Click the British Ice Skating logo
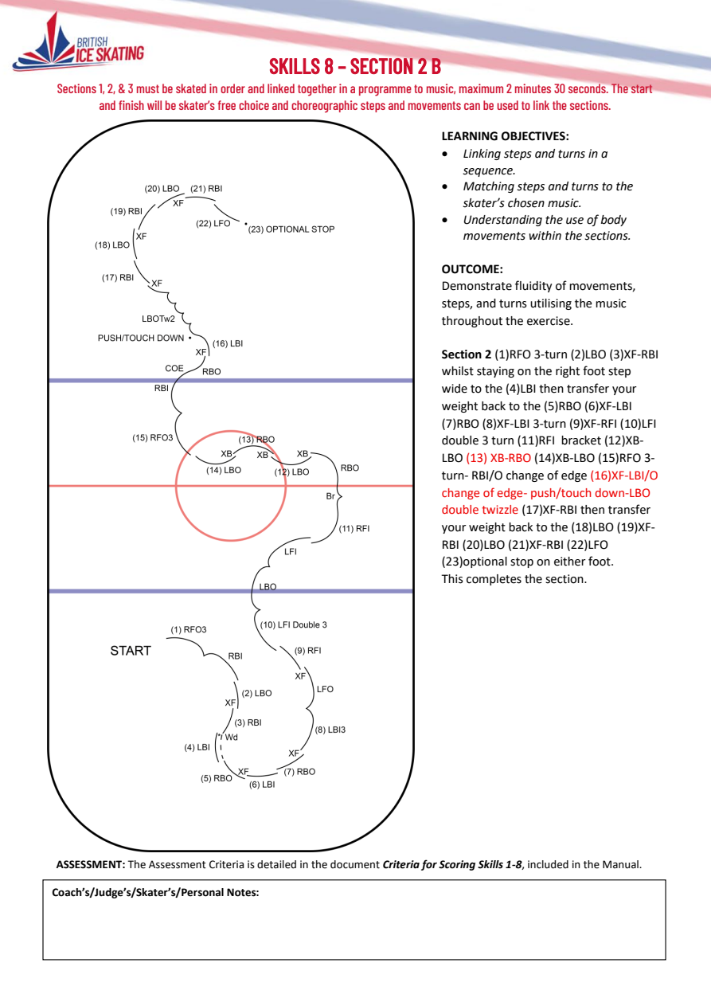[x=79, y=43]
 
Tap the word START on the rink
[x=131, y=651]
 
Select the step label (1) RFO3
[x=189, y=630]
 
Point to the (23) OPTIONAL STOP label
[x=291, y=229]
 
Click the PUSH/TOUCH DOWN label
[x=141, y=339]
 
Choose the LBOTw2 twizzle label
[x=158, y=319]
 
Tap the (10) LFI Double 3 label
[x=294, y=624]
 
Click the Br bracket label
[x=330, y=496]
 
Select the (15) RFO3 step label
[x=153, y=438]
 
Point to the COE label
[x=174, y=368]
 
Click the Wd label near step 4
[x=231, y=737]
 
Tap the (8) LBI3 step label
[x=330, y=730]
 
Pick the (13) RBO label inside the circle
[x=256, y=440]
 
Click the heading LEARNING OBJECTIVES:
[x=505, y=136]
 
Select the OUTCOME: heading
[x=472, y=269]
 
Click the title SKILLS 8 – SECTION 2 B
[x=355, y=66]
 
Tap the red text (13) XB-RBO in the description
[x=498, y=458]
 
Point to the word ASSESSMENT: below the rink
[x=91, y=864]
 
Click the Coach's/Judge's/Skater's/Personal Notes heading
[x=155, y=892]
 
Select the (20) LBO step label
[x=162, y=189]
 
